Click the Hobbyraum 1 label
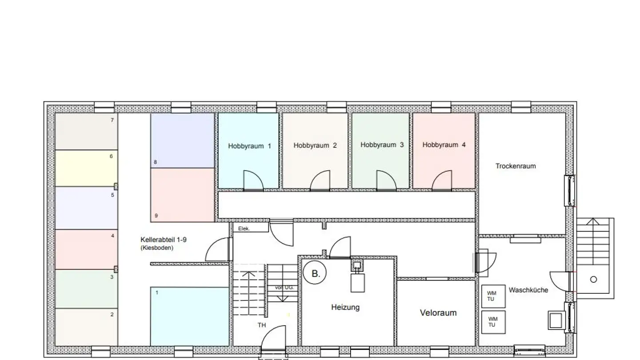(249, 146)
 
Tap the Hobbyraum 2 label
(315, 145)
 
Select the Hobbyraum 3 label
(382, 145)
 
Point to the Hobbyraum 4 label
(444, 145)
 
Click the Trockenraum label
(516, 166)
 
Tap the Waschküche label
(528, 290)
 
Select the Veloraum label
(438, 313)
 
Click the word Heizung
(345, 307)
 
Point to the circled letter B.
(315, 274)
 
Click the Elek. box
(251, 228)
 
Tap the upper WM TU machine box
(493, 296)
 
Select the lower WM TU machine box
(493, 322)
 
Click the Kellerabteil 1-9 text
(163, 240)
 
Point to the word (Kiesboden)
(156, 248)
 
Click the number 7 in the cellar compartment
(112, 120)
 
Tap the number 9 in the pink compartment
(156, 216)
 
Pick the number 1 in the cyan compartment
(156, 292)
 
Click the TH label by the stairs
(262, 325)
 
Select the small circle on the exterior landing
(593, 280)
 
